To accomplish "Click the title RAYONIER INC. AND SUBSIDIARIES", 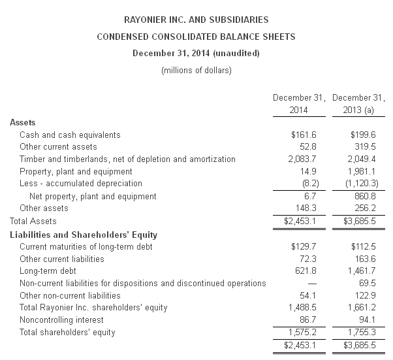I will click(x=196, y=21).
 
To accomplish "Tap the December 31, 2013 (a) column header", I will click(x=358, y=103).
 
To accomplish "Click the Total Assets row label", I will click(x=33, y=221).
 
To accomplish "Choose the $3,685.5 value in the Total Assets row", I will click(x=359, y=221).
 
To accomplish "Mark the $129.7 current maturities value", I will click(x=304, y=246).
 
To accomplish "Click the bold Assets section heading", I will click(x=23, y=122).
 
